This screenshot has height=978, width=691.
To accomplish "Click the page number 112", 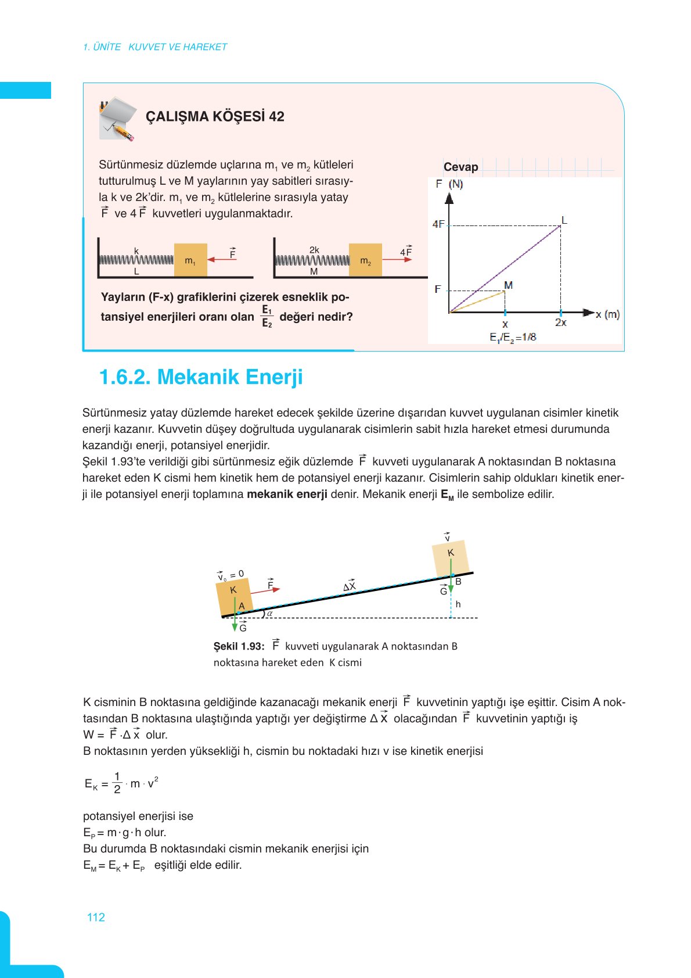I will click(96, 917).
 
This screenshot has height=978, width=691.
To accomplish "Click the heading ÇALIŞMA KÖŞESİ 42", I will click(215, 116).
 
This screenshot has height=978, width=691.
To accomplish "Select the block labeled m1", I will click(190, 260).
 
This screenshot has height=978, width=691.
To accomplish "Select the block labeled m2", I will click(365, 260).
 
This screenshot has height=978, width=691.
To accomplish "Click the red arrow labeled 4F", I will click(397, 260).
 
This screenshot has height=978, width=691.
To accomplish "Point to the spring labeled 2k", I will click(312, 260).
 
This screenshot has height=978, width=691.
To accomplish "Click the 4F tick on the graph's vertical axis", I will click(438, 224).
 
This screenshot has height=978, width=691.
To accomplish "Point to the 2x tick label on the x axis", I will click(560, 323).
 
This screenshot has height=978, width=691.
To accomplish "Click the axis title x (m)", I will click(607, 314).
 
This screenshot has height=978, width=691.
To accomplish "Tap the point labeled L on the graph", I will click(561, 225).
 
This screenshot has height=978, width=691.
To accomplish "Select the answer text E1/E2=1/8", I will click(513, 337).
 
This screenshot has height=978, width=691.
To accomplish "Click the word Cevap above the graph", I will click(460, 167).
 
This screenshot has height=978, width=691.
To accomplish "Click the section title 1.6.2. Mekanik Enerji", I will click(201, 377).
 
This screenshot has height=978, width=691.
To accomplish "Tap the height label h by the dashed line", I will click(458, 604).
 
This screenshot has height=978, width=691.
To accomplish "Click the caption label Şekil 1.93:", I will click(239, 646).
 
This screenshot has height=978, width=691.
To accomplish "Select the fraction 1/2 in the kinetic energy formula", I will click(117, 783).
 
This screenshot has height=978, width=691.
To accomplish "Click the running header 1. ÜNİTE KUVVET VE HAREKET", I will click(155, 47).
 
